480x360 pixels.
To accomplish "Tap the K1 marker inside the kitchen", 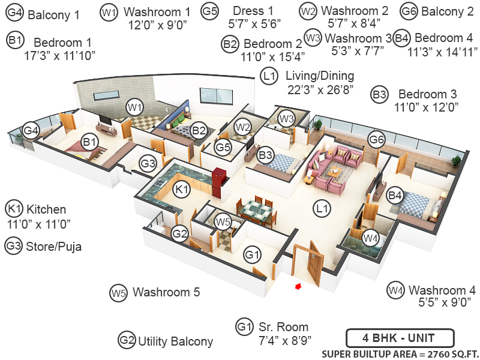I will tap(182, 189).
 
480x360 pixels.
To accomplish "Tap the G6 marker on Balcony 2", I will tap(376, 139).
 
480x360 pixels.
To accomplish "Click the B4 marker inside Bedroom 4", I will tap(394, 194).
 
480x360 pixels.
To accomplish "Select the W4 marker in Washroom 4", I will tap(370, 238).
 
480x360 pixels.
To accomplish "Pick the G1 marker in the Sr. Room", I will tap(253, 255).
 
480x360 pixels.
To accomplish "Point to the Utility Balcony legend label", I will tap(175, 341).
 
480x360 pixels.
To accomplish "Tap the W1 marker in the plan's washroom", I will tap(134, 107).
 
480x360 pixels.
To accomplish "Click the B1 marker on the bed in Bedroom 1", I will tap(90, 142).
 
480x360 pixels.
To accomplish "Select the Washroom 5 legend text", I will tap(166, 293).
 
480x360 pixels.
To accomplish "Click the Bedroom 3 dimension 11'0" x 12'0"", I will tap(427, 107).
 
